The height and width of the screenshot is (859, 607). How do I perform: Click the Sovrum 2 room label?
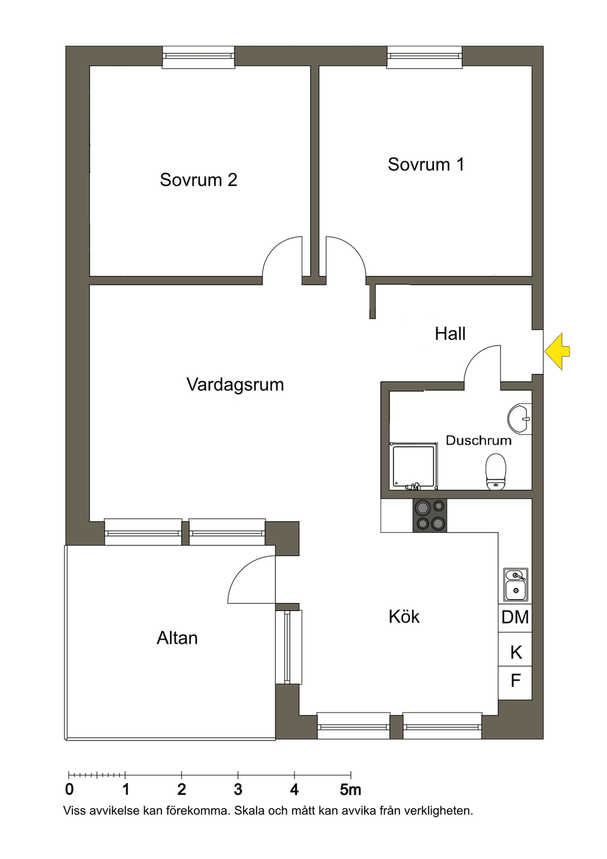[x=198, y=180]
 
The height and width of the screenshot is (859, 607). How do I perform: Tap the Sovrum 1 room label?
[x=426, y=164]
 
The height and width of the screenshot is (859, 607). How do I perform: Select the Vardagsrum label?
[x=235, y=385]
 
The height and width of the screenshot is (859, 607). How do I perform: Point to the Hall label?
[x=450, y=334]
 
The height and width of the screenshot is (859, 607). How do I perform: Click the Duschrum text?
[x=478, y=440]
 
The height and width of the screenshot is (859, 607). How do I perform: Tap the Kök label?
[x=404, y=617]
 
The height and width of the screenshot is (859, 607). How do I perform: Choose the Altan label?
[x=177, y=638]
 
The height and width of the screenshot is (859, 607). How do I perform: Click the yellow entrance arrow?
[x=557, y=352]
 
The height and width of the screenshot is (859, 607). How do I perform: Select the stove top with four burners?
[x=429, y=516]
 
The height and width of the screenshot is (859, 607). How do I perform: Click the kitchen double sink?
[x=516, y=585]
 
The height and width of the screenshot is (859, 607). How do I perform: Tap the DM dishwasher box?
[x=515, y=618]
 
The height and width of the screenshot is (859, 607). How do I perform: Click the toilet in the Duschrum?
[x=496, y=472]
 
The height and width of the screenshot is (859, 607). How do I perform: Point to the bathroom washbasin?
[x=520, y=419]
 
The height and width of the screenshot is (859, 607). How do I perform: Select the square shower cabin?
[x=413, y=467]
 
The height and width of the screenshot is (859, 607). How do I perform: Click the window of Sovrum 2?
[x=198, y=57]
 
